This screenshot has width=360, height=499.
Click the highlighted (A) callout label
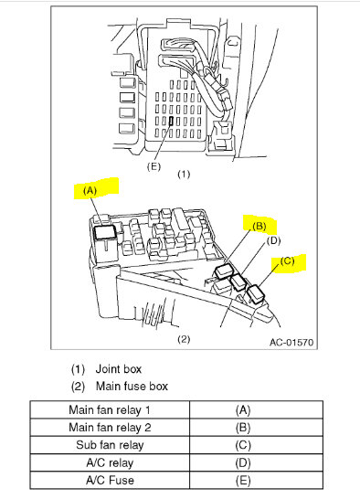90,191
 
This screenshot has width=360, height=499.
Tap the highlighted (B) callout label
259,226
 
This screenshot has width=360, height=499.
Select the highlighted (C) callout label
287,260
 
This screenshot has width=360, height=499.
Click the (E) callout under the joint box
154,166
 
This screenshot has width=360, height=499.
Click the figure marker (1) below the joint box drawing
182,173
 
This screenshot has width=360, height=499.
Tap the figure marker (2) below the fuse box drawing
182,339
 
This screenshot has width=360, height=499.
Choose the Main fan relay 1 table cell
110,410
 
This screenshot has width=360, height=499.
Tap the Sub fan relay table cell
110,444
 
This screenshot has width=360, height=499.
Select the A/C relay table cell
110,462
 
